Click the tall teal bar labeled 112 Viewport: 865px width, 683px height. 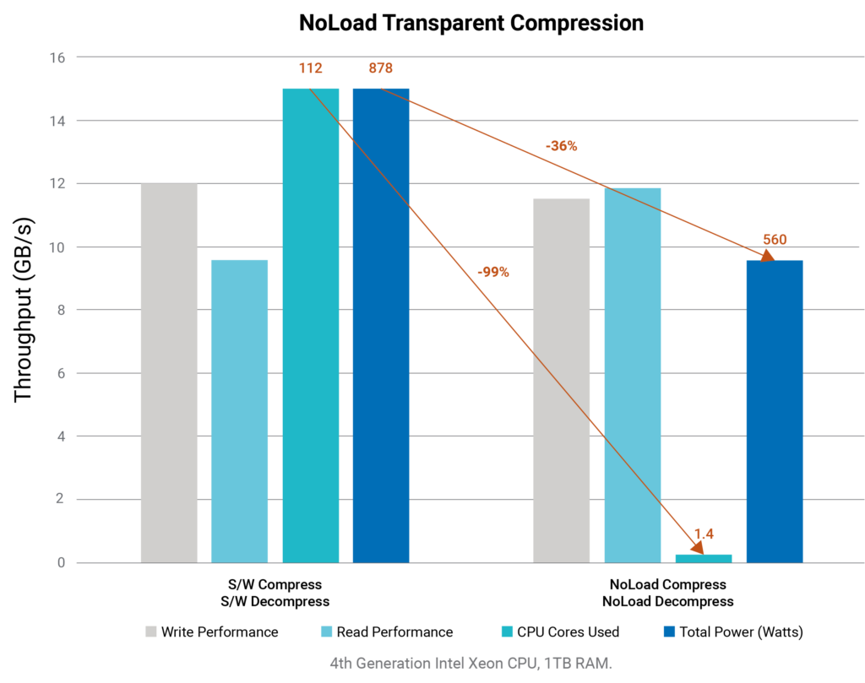point(310,325)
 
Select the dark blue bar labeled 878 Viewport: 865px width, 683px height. point(381,325)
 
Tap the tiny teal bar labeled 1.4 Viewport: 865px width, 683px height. point(703,558)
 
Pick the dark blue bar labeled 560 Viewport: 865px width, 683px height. point(774,411)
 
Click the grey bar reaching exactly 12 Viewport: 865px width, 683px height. point(169,372)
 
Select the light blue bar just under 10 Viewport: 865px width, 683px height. point(239,411)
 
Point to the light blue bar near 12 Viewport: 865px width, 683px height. point(632,375)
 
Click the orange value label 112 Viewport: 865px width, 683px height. point(310,68)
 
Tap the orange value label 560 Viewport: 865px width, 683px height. point(774,240)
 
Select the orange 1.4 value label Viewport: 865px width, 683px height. point(704,534)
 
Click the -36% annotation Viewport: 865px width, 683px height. point(561,146)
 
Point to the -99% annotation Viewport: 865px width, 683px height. point(492,273)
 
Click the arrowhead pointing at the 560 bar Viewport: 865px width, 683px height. point(768,256)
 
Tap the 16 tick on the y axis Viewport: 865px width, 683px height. point(57,57)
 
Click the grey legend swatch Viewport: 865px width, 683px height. point(150,632)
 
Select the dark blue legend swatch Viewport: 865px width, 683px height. point(669,632)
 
